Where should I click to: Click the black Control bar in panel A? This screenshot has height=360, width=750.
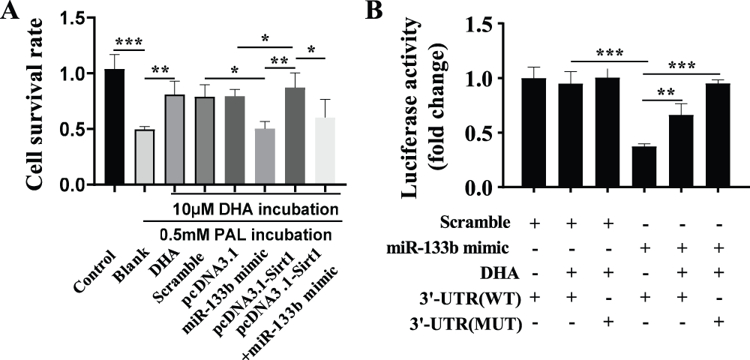click(x=115, y=127)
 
